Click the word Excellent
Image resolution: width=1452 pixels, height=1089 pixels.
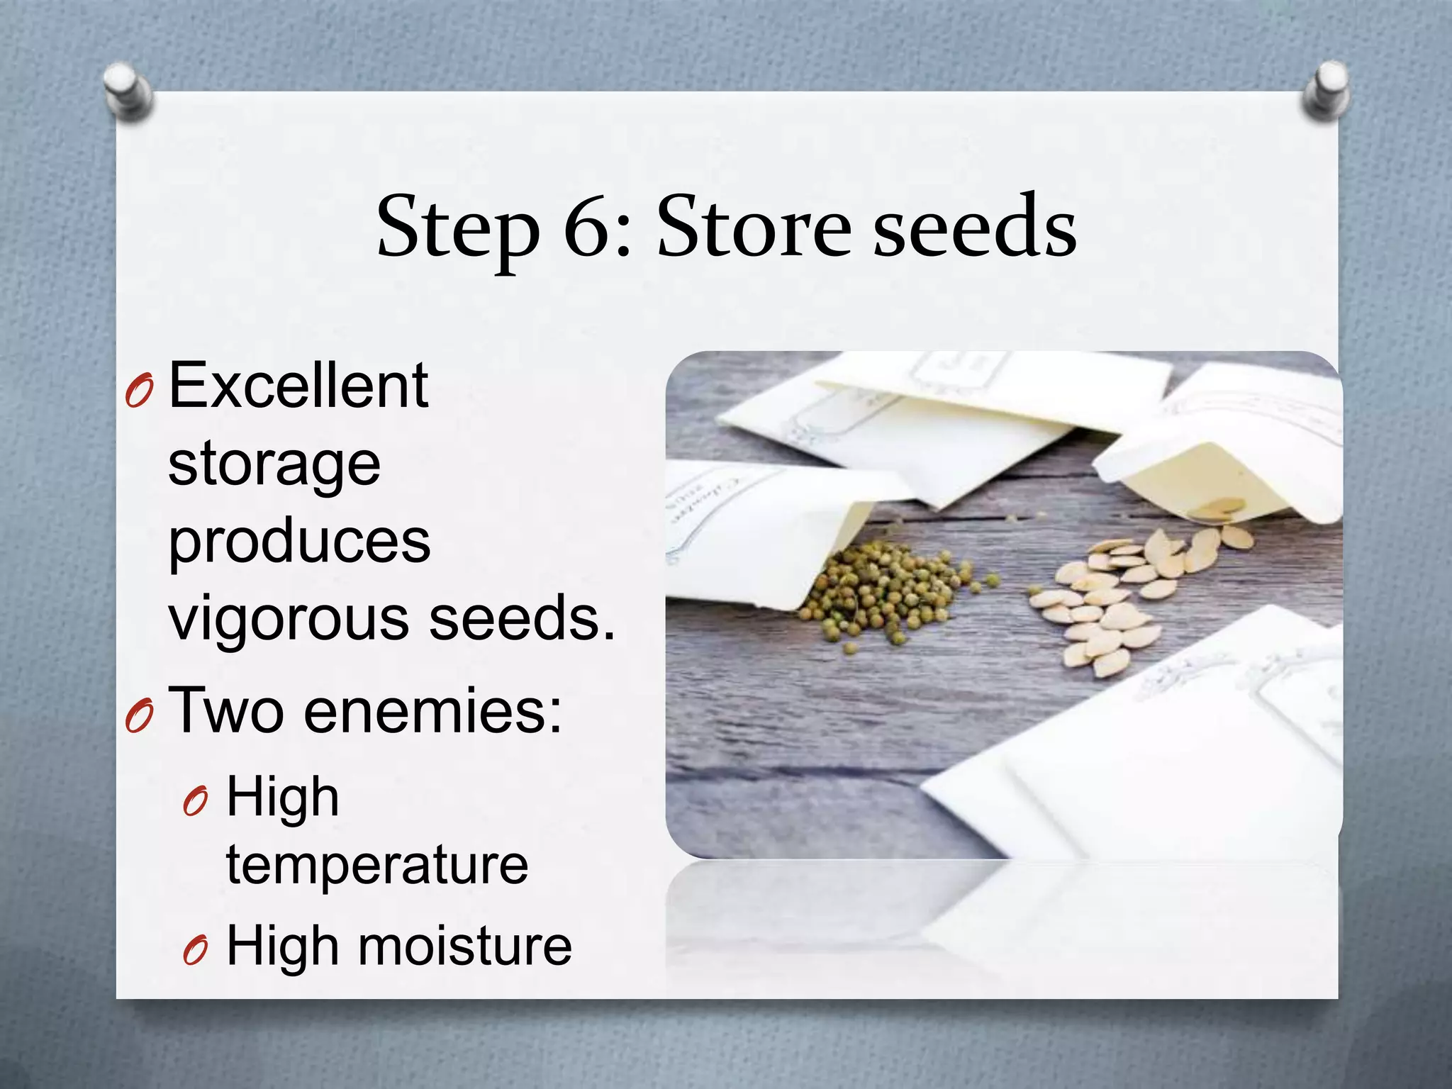click(298, 386)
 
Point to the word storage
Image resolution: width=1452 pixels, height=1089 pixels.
click(274, 466)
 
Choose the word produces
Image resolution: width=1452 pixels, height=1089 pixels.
click(299, 542)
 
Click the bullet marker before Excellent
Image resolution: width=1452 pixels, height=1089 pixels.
click(138, 391)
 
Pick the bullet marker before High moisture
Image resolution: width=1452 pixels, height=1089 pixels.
click(195, 950)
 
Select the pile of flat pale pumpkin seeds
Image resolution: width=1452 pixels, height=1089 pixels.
click(1120, 603)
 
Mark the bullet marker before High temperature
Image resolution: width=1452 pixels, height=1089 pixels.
click(195, 802)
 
